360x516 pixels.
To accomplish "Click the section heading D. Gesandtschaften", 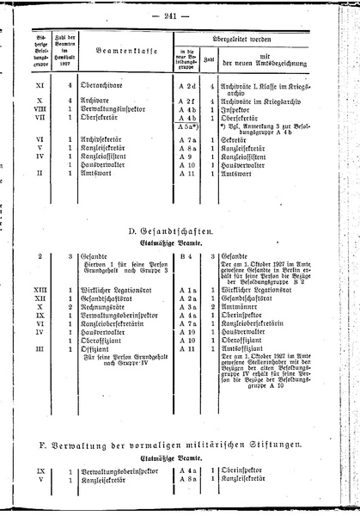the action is tap(180, 232).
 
